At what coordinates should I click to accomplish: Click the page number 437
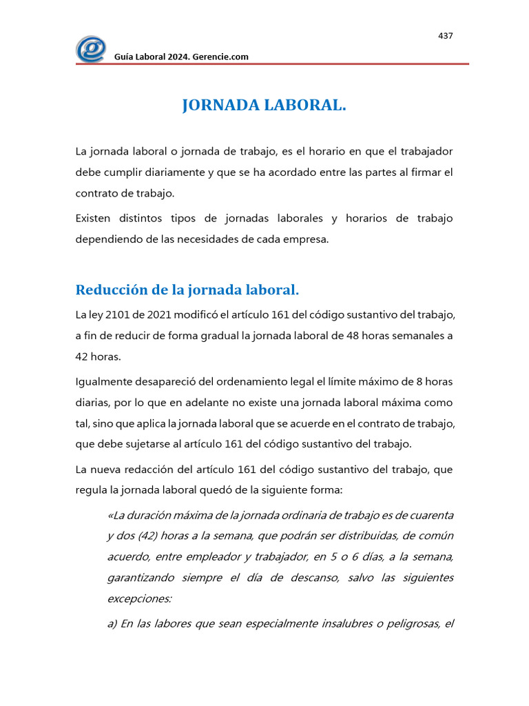[x=445, y=36]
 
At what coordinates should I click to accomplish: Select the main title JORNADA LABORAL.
[x=264, y=105]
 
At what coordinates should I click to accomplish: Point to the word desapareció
[x=170, y=381]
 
